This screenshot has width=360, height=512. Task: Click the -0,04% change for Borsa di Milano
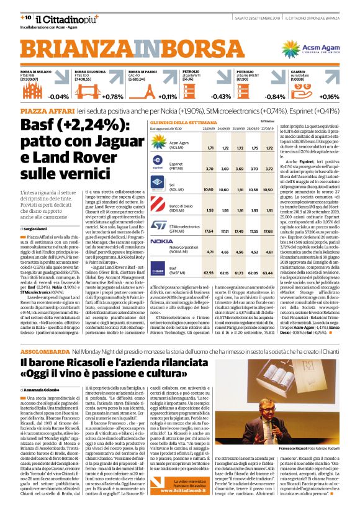pyautogui.click(x=59, y=97)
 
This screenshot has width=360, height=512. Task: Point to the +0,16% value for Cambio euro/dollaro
pyautogui.click(x=328, y=97)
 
